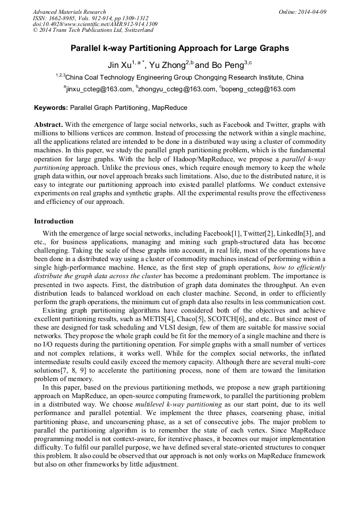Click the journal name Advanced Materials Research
click(x=69, y=12)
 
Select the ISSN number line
click(x=83, y=18)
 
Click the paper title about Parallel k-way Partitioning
click(x=179, y=48)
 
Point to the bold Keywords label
click(x=51, y=108)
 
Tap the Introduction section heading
click(x=54, y=221)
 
